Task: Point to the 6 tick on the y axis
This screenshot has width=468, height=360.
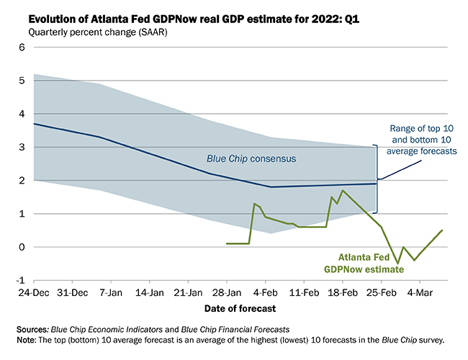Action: [x=22, y=48]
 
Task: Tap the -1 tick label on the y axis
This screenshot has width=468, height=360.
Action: [x=20, y=280]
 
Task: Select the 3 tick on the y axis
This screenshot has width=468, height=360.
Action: [x=22, y=147]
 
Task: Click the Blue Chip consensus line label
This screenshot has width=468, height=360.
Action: [x=243, y=158]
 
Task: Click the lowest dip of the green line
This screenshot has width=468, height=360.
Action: [x=397, y=264]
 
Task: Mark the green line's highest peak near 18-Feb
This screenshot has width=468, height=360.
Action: [x=343, y=191]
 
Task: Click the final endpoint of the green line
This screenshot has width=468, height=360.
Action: [x=442, y=230]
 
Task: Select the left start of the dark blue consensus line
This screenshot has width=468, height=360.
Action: [x=35, y=124]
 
